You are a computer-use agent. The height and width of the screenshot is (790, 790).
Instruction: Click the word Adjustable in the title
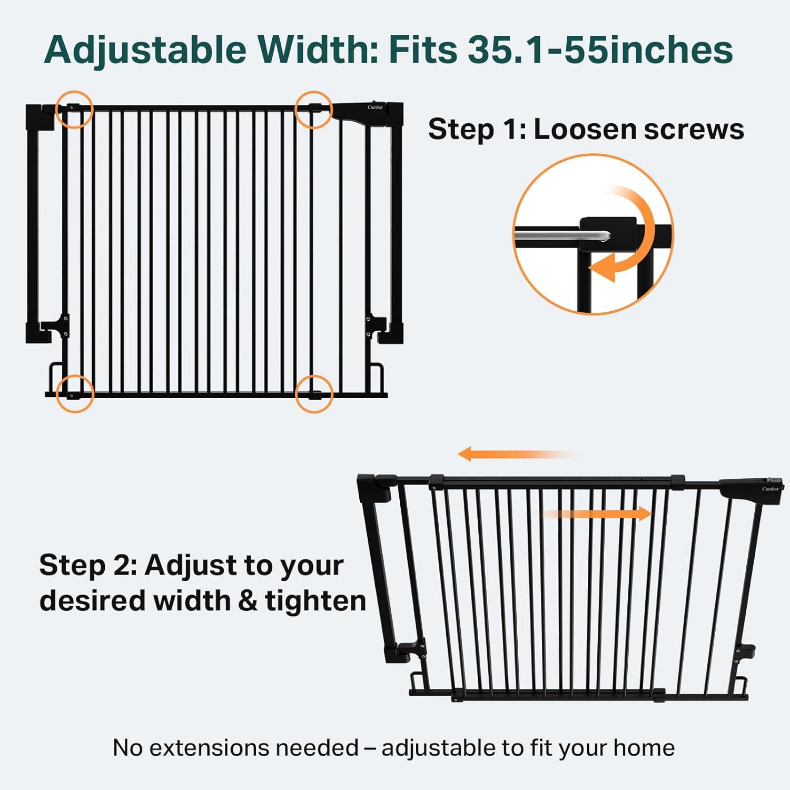click(x=145, y=51)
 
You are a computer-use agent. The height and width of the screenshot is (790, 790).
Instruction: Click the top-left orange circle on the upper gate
click(x=74, y=92)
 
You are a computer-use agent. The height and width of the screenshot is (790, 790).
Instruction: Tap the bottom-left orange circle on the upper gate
click(x=75, y=376)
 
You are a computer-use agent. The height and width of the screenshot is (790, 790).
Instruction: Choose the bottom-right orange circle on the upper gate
click(x=314, y=376)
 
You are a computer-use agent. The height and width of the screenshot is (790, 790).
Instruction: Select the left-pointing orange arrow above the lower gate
click(x=519, y=453)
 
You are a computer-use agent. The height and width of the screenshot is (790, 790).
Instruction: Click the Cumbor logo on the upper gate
click(x=375, y=107)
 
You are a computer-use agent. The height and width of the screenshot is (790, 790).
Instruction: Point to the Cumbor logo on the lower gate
click(x=770, y=489)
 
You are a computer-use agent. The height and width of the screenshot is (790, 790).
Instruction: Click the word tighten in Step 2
click(x=315, y=600)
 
